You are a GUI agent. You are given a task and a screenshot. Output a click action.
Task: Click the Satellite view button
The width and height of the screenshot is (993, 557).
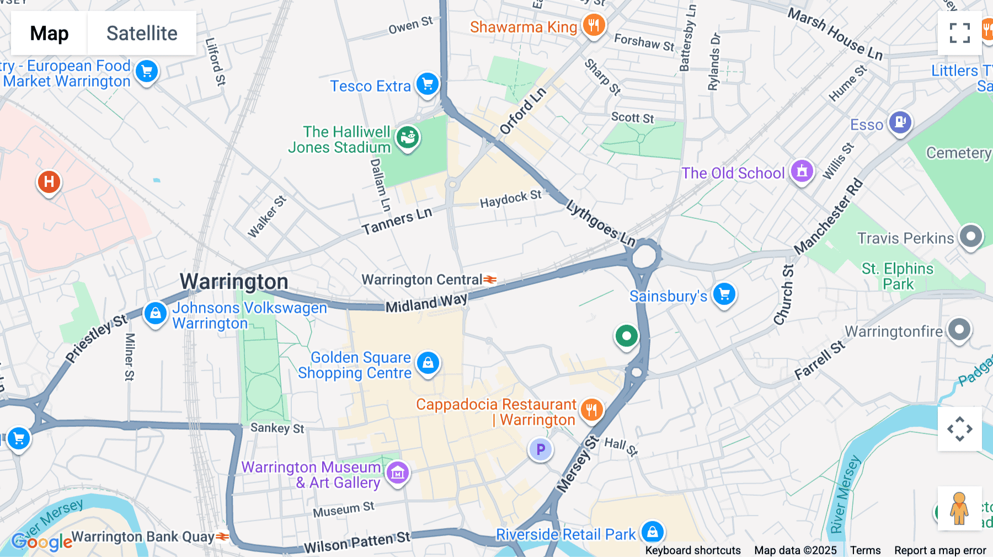pos(142,33)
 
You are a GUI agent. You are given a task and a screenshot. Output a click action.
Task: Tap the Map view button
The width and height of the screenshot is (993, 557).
pos(49,33)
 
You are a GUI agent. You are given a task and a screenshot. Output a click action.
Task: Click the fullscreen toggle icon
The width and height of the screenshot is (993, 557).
pos(959,33)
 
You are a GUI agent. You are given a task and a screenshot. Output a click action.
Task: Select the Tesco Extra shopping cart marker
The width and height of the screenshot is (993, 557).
pos(428,84)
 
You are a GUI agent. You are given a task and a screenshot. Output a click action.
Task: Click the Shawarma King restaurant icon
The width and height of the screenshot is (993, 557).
pos(594,25)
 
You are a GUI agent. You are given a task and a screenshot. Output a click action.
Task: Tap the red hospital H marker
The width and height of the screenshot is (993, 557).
pos(49,181)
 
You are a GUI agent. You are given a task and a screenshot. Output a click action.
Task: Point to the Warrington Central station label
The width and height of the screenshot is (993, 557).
pos(423,280)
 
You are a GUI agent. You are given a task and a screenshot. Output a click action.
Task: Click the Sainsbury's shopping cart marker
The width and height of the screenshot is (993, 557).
pos(724,294)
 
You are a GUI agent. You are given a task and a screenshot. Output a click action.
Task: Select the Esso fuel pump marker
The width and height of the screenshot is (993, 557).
pos(900,122)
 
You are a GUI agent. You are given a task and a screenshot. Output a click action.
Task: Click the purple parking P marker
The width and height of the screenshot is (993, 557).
pos(541,449)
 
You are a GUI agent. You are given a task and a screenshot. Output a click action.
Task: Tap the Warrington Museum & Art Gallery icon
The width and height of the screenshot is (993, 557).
pos(398,473)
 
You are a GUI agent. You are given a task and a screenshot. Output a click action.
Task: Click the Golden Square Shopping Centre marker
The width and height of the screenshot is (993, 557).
pos(428,363)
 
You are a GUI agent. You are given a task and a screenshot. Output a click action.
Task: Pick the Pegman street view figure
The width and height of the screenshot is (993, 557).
pos(959,508)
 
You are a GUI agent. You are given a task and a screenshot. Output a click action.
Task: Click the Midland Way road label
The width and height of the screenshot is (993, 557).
pos(426,303)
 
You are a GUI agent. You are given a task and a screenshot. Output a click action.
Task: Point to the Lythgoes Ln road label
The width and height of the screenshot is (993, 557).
pos(601,222)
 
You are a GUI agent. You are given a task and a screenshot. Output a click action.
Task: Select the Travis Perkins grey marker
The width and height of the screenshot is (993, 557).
pos(971,237)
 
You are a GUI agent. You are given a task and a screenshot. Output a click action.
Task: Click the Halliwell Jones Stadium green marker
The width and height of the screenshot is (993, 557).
pos(408,136)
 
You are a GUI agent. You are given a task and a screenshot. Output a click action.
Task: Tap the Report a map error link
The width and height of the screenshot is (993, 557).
pos(940,550)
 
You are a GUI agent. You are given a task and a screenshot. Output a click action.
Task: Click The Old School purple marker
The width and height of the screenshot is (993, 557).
pos(802,171)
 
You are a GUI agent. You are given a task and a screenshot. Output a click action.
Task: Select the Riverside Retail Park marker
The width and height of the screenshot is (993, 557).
pos(653,532)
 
